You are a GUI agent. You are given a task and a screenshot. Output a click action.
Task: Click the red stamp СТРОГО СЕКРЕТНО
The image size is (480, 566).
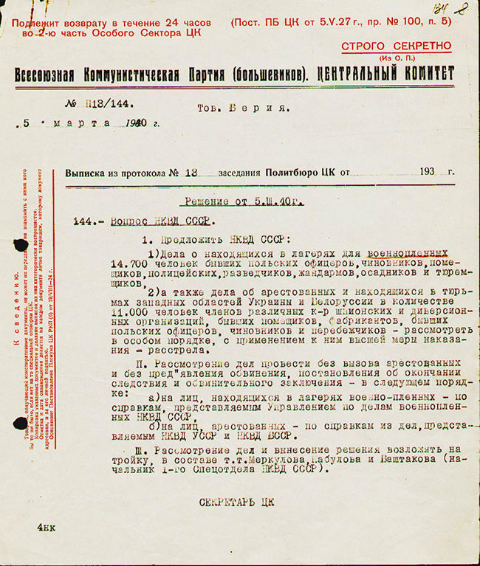[x=396, y=46]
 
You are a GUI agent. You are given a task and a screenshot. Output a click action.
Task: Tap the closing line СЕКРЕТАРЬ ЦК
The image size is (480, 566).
[x=237, y=502]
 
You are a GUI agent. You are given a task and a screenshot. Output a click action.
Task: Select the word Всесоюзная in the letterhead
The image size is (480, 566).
[x=48, y=74]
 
